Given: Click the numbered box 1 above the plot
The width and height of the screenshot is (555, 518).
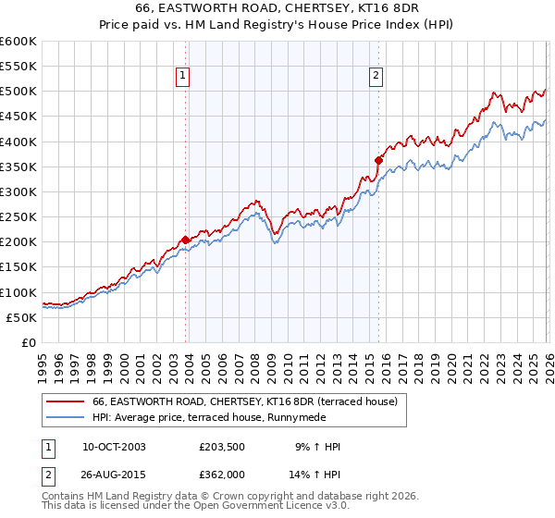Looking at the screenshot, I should tap(182, 77).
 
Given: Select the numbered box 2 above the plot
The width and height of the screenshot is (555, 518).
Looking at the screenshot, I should tap(376, 77).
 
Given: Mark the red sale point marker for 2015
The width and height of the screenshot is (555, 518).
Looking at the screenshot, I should tap(379, 161).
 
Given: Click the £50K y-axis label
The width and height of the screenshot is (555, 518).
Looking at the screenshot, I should tap(22, 317).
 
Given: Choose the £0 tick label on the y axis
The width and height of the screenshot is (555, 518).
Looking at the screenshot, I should tap(30, 342).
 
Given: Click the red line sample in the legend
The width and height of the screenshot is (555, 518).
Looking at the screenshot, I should tap(66, 401).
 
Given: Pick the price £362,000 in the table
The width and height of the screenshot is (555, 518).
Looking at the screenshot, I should tap(226, 475).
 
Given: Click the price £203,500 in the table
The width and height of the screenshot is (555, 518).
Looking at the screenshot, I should tap(226, 447).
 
